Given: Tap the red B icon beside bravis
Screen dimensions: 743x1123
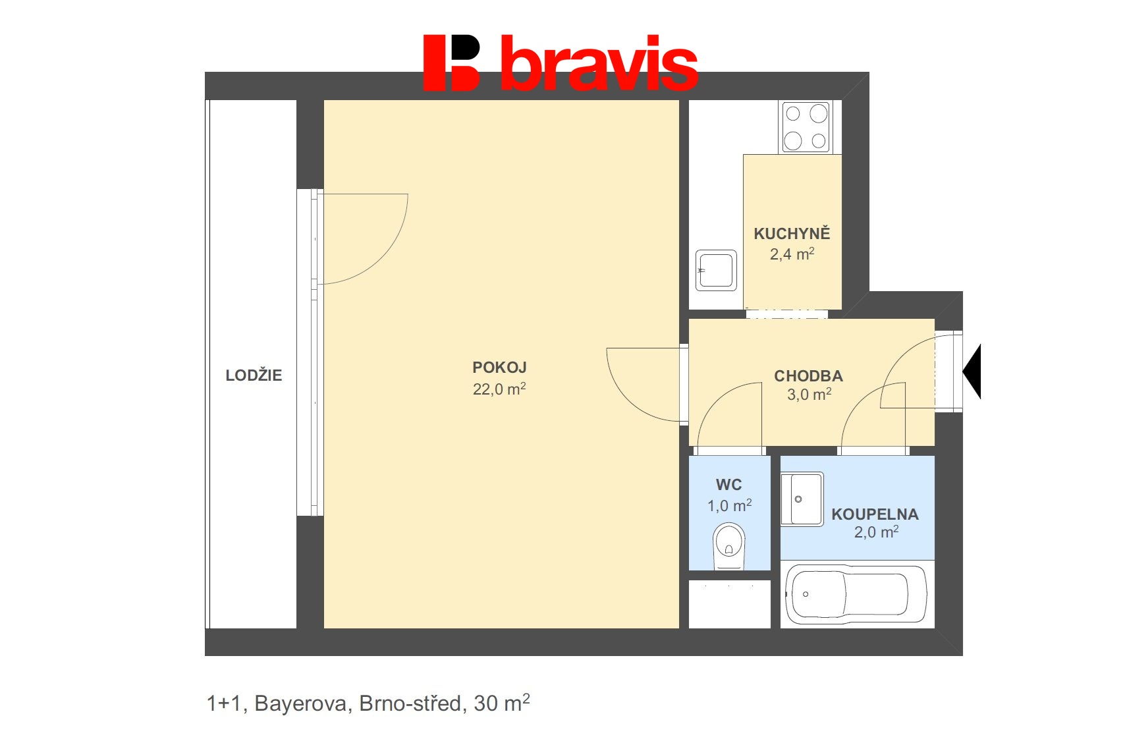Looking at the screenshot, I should coord(452,63).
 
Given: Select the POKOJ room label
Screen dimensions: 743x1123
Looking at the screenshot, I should coord(499,368).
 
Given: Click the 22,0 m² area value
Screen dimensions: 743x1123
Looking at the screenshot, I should coord(499,389).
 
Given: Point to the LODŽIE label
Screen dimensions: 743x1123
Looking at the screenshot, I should coord(254,375).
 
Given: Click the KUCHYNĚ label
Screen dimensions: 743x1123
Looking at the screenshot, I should coord(792,234).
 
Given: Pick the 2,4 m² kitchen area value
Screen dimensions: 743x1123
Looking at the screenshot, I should coord(792,254).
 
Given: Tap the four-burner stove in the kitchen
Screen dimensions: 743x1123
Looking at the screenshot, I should coord(806,126).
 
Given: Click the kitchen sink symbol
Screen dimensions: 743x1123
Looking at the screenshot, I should coord(716,270).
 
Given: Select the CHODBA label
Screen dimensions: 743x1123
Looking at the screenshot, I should coord(808,376).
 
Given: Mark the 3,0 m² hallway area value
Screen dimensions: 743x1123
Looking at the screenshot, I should coord(809,395).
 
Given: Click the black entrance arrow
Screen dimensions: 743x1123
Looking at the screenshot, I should coord(973,371).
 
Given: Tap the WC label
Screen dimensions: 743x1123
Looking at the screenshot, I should coord(728,485).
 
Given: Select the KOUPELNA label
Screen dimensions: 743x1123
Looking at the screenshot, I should coord(875,514).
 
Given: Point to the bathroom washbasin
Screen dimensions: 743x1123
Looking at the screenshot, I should coord(802,499).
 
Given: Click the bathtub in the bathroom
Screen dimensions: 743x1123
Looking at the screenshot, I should coord(857,594).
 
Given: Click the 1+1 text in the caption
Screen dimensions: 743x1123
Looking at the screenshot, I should coord(224,704).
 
